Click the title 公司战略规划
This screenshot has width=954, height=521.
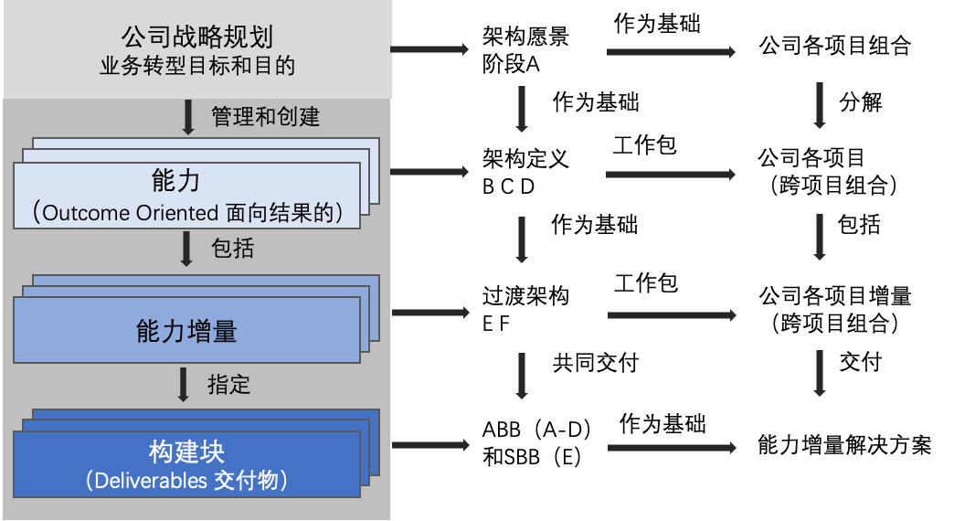[x=197, y=37]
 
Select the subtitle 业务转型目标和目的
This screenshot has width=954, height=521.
[x=197, y=67]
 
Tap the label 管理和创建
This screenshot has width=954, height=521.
[x=265, y=117]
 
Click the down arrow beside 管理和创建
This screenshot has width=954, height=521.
[x=188, y=118]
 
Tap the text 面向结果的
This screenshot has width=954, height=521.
[x=279, y=213]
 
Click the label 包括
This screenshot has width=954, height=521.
[x=232, y=248]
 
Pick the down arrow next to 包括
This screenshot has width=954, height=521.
[x=186, y=249]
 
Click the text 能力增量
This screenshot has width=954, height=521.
[x=186, y=331]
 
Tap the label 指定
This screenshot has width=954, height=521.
[x=228, y=384]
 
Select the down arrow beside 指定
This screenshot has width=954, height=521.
[x=184, y=385]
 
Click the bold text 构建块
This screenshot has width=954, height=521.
[x=186, y=452]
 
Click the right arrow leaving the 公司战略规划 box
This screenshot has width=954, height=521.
[x=429, y=49]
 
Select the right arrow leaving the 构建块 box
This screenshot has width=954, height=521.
[x=429, y=445]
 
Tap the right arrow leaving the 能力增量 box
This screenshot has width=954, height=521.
[x=429, y=313]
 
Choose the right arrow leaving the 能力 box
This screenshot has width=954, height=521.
[x=429, y=172]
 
